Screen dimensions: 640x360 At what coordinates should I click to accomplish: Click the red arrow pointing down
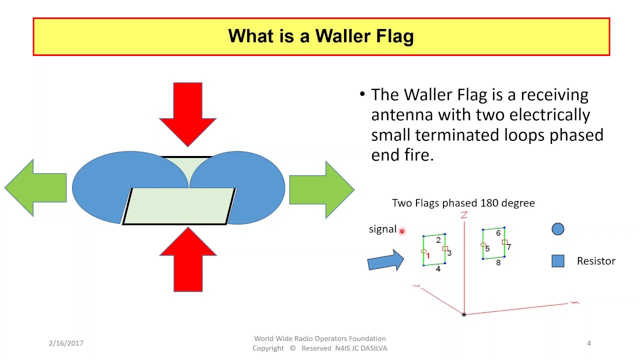click(x=187, y=114)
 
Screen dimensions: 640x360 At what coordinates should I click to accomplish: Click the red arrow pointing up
click(x=188, y=259)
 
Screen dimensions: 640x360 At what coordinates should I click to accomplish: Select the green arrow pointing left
click(x=35, y=187)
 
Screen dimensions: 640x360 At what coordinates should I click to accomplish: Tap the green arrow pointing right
click(x=322, y=189)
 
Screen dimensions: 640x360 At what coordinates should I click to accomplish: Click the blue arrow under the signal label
click(x=385, y=260)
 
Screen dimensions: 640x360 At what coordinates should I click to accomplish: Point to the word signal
click(x=382, y=229)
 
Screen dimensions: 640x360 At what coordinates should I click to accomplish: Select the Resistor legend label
click(x=596, y=261)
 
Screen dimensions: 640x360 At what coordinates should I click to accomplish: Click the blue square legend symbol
click(x=557, y=261)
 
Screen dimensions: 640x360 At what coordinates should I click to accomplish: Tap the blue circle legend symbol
click(x=557, y=229)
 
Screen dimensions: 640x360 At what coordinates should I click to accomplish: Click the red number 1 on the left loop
click(x=427, y=255)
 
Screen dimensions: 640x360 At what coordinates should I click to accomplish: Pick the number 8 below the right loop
click(x=498, y=263)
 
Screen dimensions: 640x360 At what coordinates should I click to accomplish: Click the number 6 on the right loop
click(x=498, y=233)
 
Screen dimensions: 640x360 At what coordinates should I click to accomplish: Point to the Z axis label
click(x=464, y=215)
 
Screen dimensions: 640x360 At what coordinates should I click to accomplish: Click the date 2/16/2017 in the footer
click(x=66, y=343)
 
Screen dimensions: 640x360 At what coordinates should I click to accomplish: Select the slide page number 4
click(x=589, y=343)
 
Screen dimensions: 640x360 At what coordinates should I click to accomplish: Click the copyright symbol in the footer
click(x=292, y=348)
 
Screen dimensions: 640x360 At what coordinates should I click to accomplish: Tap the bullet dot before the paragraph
click(x=362, y=94)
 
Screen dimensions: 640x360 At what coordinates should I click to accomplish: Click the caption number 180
click(x=489, y=203)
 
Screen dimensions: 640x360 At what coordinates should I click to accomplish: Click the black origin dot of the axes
click(x=464, y=314)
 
